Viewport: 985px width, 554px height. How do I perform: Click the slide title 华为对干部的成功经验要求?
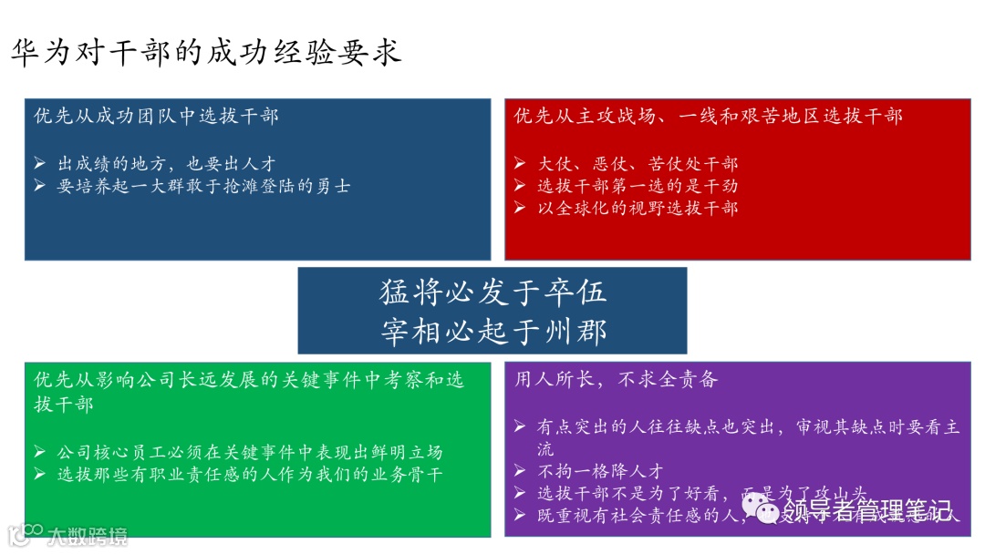206,53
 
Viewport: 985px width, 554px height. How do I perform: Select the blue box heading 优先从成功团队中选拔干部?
156,116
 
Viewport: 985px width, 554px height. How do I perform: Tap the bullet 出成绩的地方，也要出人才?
166,164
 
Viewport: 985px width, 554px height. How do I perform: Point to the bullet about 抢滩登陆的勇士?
203,186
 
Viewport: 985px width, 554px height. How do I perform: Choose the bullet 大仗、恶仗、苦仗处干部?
637,164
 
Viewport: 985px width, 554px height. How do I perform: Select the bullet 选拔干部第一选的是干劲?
637,186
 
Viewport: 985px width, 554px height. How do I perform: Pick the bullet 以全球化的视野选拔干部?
637,208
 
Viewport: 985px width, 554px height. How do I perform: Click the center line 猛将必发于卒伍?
493,292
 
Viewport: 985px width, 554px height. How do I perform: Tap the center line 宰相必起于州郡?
493,331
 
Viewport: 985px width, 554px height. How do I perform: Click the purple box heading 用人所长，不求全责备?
617,380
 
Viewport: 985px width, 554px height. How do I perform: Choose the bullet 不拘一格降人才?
600,471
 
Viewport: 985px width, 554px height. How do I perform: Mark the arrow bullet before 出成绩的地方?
39,164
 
